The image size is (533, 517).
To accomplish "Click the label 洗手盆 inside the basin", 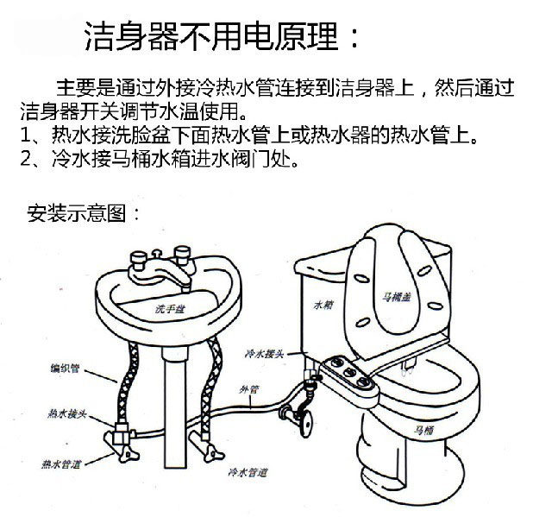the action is coord(169,308).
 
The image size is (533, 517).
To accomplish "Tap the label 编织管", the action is coord(65,369).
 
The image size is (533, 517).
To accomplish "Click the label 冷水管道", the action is coord(248,472).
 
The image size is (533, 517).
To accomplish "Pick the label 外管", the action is coord(248,389).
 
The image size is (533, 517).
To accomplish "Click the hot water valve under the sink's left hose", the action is coord(120,442).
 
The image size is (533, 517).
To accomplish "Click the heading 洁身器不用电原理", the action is coord(221,36).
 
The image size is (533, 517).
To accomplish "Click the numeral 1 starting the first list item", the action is coord(26,136).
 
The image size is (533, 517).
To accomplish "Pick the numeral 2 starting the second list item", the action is coord(26,160).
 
